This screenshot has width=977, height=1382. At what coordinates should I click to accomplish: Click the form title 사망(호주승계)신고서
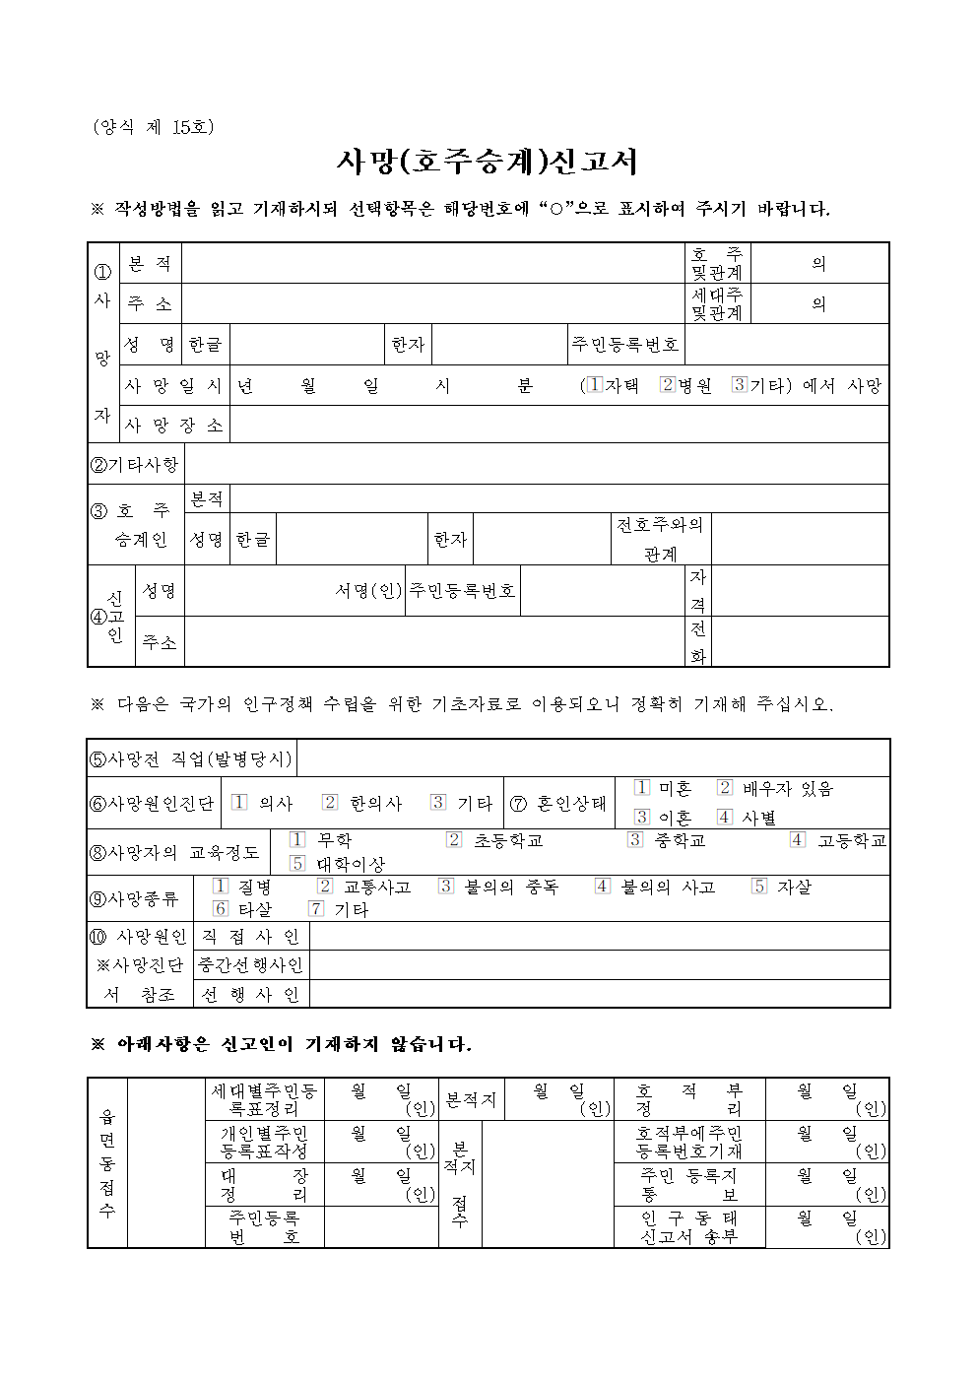pos(488,162)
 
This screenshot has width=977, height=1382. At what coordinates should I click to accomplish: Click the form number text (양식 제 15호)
pos(153,127)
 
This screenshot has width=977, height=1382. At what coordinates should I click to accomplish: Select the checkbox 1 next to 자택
pos(594,384)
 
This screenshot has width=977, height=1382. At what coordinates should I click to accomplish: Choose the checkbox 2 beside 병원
pos(667,384)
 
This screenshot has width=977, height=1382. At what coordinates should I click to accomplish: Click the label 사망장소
pos(174,426)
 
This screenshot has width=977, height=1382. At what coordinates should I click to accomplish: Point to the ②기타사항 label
pos(135,464)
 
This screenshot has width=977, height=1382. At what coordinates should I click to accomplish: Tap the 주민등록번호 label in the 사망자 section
pos(625,344)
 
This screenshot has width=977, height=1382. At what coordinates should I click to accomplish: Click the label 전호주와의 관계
pos(660,539)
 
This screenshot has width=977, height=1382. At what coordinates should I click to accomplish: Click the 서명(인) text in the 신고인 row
pos(368,590)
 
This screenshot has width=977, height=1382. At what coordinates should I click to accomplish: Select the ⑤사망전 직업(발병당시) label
pos(191,758)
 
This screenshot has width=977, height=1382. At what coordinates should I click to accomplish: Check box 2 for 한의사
pos(330,802)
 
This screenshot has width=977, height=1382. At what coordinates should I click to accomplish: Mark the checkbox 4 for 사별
pos(725,817)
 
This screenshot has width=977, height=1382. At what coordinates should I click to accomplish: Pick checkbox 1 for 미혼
pos(642,787)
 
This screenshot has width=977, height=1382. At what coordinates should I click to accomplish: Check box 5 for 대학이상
pos(297,863)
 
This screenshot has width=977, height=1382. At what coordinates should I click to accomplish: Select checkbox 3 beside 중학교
pos(635,839)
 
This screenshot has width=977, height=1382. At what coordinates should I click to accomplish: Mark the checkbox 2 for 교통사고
pos(325,886)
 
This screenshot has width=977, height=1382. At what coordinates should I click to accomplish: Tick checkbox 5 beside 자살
pos(758,886)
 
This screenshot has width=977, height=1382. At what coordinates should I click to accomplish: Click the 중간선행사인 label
pos(251,965)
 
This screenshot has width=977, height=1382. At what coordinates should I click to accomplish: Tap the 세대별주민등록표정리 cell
pos(264,1099)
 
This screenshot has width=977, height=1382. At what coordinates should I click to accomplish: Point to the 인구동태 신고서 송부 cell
pos(688,1227)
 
